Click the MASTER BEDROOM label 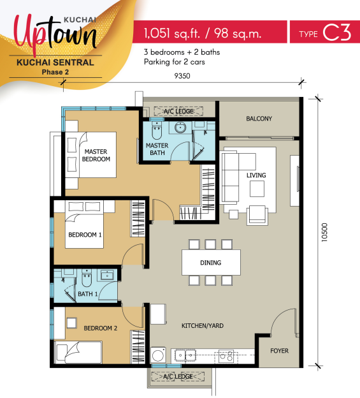96,156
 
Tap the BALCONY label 259,119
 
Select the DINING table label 211,262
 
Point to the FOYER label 279,351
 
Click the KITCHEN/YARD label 203,326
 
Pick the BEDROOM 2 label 101,328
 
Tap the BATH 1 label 88,294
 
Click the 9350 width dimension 182,76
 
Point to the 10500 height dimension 324,232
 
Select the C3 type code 337,33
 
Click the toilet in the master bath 156,130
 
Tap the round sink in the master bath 180,128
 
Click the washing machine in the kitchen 158,355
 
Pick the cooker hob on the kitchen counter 226,356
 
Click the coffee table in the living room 257,189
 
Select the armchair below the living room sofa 257,215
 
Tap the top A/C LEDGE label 178,111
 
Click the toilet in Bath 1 87,277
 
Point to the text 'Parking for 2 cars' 175,62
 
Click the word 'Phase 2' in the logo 55,72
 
